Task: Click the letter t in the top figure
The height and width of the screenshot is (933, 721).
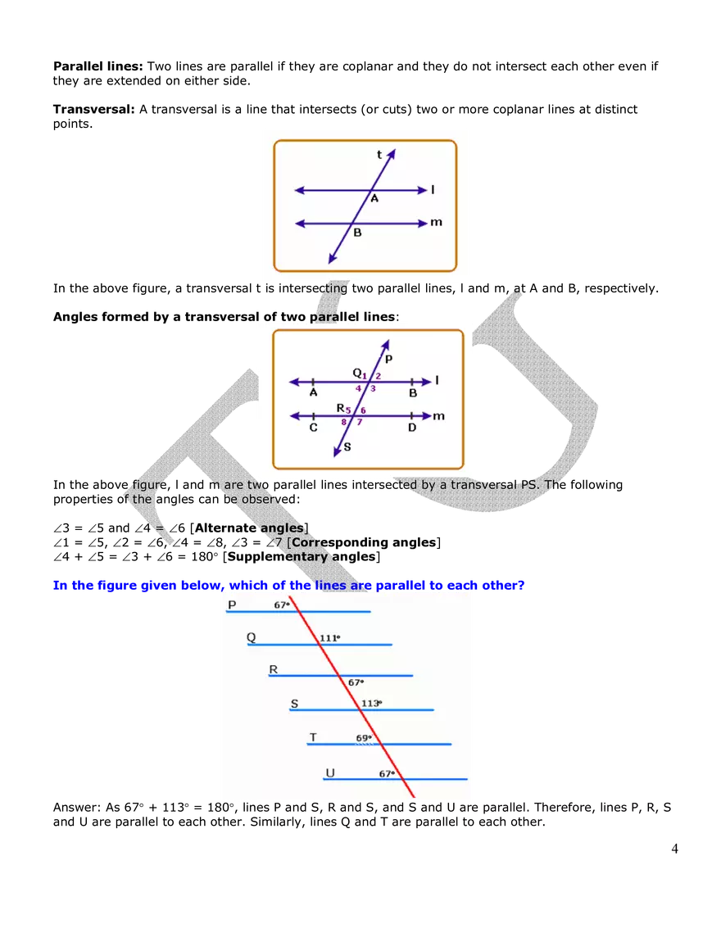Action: click(x=379, y=155)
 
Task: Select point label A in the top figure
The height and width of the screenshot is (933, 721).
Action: click(x=374, y=199)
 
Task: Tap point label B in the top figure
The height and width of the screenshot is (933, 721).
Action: click(x=357, y=233)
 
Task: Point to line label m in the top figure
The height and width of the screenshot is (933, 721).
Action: click(x=436, y=222)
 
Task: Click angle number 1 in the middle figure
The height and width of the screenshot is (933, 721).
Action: click(x=365, y=375)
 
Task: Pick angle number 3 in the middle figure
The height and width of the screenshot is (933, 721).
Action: click(x=373, y=388)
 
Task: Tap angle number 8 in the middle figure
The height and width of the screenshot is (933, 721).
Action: click(x=345, y=423)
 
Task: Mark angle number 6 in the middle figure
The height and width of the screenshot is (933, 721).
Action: click(x=363, y=410)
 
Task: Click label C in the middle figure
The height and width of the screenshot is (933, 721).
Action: click(x=313, y=428)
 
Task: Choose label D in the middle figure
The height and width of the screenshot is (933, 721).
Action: click(x=412, y=428)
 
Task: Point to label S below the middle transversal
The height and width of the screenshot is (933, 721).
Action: click(x=347, y=446)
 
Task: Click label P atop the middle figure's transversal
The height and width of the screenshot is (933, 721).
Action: click(x=388, y=359)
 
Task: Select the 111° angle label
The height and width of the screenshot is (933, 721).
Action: click(x=329, y=637)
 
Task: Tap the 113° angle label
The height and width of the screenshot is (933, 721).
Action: click(x=370, y=703)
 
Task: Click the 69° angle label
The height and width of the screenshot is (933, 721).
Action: click(x=363, y=737)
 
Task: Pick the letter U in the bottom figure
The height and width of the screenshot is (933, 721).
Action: click(x=330, y=772)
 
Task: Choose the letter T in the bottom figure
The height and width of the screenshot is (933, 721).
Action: click(x=313, y=737)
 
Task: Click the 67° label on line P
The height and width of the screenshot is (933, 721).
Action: click(x=282, y=605)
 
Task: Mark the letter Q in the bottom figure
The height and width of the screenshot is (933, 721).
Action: click(x=251, y=637)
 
